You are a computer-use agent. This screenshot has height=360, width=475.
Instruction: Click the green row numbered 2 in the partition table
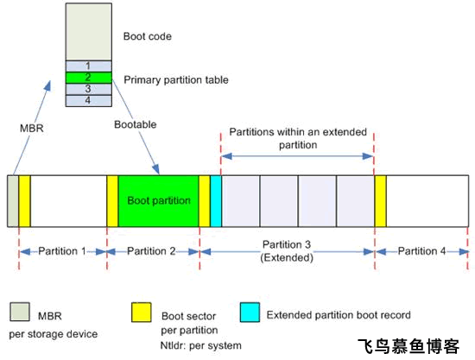pos(89,78)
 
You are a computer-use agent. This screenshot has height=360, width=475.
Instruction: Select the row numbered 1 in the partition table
pos(89,66)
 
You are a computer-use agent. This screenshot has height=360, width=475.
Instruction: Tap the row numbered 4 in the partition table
pos(89,101)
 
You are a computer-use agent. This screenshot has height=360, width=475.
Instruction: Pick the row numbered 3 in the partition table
pos(89,89)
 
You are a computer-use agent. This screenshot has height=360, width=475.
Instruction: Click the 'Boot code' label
pos(149,37)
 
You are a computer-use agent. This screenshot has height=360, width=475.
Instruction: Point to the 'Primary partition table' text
pos(176,79)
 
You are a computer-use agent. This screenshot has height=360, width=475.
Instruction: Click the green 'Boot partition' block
pos(159,200)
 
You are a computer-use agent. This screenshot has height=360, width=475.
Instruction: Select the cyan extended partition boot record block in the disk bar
pos(216,200)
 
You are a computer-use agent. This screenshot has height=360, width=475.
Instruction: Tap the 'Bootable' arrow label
pos(136,125)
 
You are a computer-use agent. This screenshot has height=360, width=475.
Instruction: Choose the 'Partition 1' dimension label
pos(61,251)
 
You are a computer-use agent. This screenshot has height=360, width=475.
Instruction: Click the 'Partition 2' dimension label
pos(152,251)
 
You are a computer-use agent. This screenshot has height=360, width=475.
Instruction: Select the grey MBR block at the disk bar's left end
pos(12,200)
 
